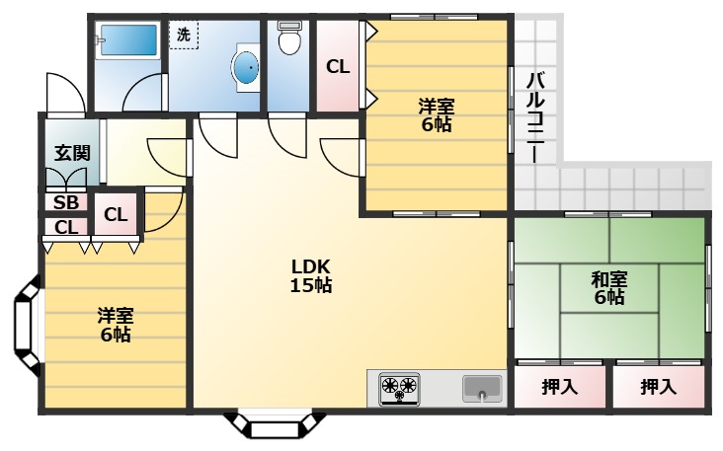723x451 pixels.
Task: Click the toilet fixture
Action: pyautogui.click(x=289, y=38)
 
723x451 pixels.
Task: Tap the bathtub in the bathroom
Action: pyautogui.click(x=128, y=40)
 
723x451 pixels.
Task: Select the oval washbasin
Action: pyautogui.click(x=247, y=68)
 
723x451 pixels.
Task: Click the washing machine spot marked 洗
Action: pyautogui.click(x=184, y=35)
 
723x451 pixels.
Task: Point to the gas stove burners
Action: pyautogui.click(x=399, y=389)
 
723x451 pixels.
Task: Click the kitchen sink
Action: pyautogui.click(x=482, y=389)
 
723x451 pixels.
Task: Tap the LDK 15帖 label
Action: pyautogui.click(x=311, y=276)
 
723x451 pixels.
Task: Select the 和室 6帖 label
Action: pyautogui.click(x=609, y=288)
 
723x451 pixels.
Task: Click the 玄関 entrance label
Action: pyautogui.click(x=72, y=153)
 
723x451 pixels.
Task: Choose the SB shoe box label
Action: pyautogui.click(x=66, y=202)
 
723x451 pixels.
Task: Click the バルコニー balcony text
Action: pyautogui.click(x=536, y=117)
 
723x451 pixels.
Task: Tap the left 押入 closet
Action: pyautogui.click(x=559, y=387)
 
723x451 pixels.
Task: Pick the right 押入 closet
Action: pyautogui.click(x=659, y=387)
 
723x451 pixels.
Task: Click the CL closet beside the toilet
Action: pyautogui.click(x=338, y=67)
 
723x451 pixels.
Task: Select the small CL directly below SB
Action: pyautogui.click(x=66, y=227)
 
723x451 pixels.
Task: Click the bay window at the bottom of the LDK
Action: pyautogui.click(x=276, y=424)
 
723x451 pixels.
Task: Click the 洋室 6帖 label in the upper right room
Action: pyautogui.click(x=437, y=115)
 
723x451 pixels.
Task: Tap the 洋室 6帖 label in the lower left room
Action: pyautogui.click(x=116, y=325)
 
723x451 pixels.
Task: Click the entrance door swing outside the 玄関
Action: pyautogui.click(x=65, y=93)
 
